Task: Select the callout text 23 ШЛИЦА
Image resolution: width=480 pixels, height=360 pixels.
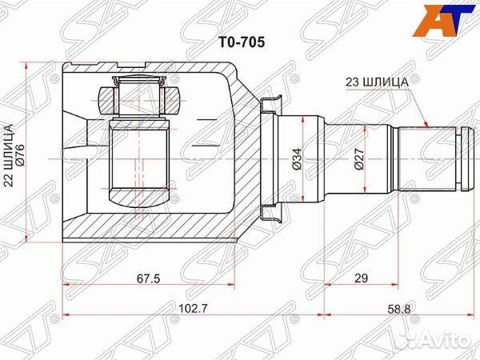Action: click(x=377, y=81)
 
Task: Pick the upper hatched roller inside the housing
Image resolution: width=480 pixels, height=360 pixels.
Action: click(x=141, y=101)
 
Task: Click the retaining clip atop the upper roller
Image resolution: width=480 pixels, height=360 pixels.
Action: click(x=141, y=80)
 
